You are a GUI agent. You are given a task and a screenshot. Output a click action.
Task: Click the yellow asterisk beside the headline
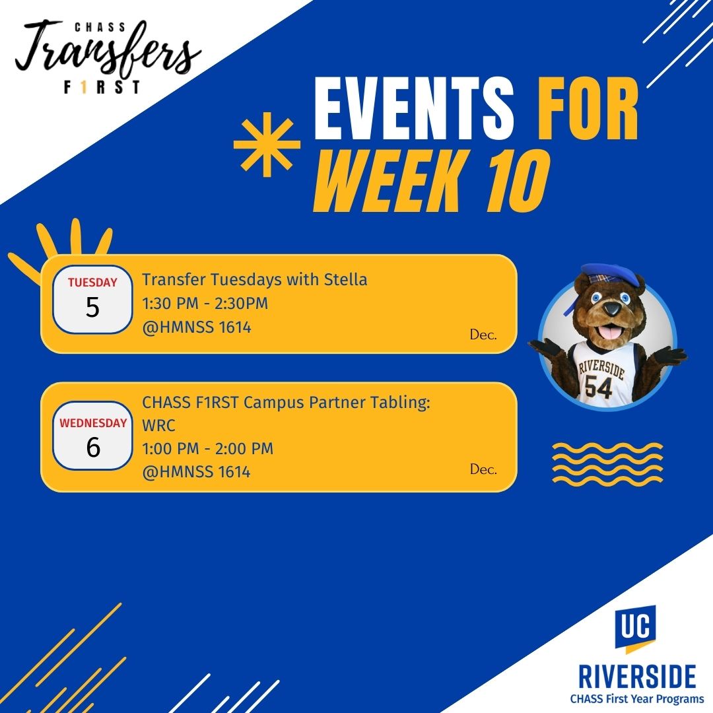267,145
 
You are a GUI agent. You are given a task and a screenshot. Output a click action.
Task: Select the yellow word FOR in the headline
588,109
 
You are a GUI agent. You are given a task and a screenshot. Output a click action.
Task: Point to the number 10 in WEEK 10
518,181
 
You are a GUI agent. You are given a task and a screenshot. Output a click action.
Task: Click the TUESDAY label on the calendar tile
93,283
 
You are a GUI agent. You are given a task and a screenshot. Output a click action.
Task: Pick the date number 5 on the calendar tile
92,308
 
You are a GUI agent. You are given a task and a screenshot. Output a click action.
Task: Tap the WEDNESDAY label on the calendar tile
93,423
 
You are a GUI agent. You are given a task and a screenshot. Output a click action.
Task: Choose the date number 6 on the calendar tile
93,448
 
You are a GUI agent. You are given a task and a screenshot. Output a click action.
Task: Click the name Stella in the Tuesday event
345,279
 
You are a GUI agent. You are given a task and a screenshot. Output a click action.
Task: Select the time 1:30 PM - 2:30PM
205,303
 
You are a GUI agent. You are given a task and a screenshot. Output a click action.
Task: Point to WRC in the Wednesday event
158,426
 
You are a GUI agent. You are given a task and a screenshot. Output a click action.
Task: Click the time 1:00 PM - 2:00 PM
208,449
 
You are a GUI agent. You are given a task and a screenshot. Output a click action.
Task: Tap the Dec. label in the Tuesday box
483,335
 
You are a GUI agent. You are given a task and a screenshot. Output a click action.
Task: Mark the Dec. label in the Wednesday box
483,469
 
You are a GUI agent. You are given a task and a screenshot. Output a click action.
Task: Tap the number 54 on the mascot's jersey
599,387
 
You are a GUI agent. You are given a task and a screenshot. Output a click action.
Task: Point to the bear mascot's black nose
612,309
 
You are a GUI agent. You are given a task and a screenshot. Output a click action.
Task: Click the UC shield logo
635,628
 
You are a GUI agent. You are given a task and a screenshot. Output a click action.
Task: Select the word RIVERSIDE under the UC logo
636,677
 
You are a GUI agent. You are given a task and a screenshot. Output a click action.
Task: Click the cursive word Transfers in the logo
108,50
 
